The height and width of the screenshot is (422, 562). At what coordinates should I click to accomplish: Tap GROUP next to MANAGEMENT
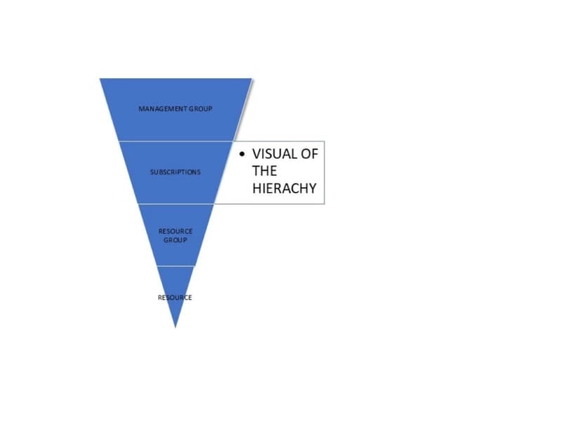click(x=201, y=109)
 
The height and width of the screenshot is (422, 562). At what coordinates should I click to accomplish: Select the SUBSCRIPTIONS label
click(x=175, y=172)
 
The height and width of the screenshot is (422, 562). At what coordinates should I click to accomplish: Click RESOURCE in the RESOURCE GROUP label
click(x=175, y=231)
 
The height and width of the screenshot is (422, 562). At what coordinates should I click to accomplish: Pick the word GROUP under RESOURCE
click(x=175, y=240)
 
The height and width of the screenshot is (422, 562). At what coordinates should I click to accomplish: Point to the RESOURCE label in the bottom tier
click(x=175, y=298)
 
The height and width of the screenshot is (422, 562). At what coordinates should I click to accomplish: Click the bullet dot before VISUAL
click(x=242, y=154)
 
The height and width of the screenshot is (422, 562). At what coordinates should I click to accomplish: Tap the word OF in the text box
click(x=309, y=154)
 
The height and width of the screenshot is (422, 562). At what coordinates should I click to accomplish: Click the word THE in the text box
click(x=265, y=171)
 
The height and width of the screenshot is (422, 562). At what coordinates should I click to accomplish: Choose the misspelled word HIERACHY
click(x=285, y=188)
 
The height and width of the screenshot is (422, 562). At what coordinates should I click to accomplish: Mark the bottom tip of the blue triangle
click(x=175, y=327)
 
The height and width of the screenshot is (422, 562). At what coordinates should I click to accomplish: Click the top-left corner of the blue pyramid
click(x=100, y=78)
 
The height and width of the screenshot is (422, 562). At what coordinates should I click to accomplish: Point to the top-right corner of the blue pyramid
click(x=251, y=78)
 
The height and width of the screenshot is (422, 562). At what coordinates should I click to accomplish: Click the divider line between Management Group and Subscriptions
click(x=176, y=141)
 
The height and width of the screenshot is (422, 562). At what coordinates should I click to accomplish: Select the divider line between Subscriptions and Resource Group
click(x=176, y=203)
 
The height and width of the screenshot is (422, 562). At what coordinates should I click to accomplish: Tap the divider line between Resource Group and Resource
click(x=176, y=266)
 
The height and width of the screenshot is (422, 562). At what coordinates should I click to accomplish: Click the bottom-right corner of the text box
click(x=325, y=204)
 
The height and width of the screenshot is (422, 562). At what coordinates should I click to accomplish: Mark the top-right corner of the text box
click(x=325, y=141)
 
